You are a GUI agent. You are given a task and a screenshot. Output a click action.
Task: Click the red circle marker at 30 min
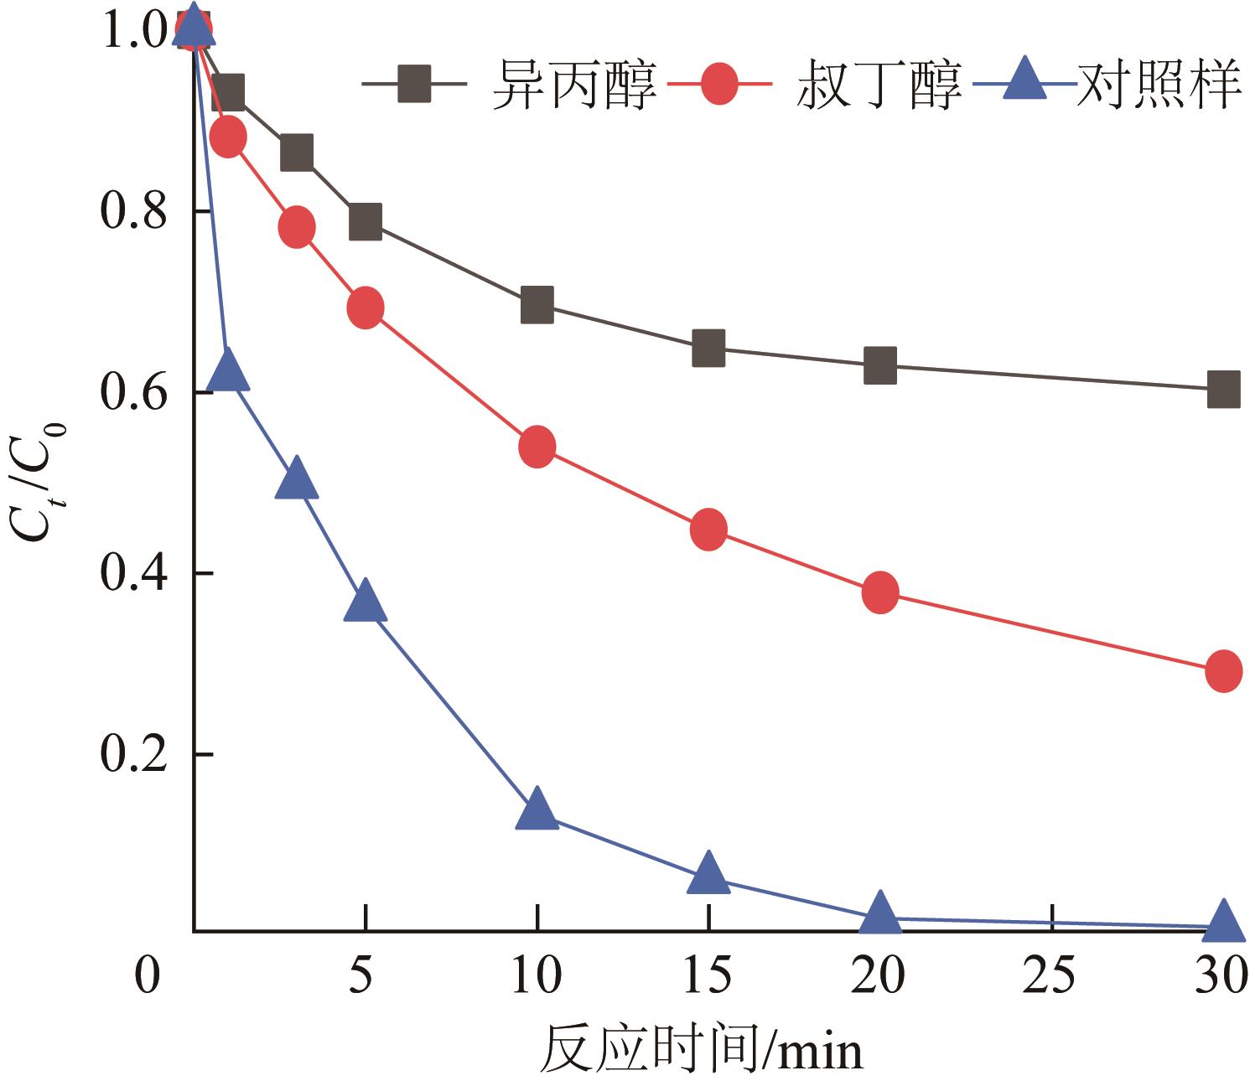point(1223,671)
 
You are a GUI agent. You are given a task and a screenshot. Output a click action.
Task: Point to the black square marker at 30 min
point(1223,389)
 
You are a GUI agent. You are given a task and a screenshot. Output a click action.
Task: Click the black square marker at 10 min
point(537,305)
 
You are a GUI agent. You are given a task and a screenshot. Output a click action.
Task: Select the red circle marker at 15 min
point(708,530)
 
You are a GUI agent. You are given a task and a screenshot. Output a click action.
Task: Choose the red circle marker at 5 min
point(365,308)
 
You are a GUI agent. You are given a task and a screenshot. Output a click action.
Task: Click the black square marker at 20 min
point(880,365)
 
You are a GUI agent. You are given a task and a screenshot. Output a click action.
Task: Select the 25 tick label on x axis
point(1051,975)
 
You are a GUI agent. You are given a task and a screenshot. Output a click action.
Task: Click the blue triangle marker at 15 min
point(708,873)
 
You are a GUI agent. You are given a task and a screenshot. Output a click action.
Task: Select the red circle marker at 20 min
point(880,592)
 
